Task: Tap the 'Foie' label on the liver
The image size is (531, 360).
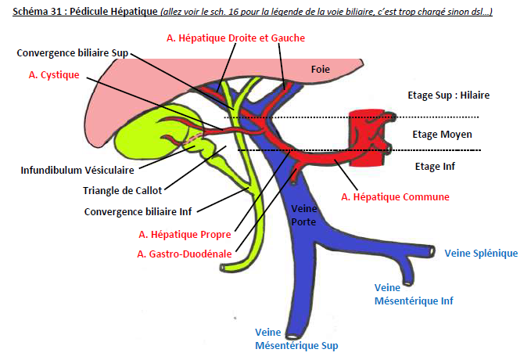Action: click(321, 69)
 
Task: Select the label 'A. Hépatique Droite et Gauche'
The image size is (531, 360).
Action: click(236, 38)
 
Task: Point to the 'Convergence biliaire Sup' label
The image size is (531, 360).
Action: click(73, 52)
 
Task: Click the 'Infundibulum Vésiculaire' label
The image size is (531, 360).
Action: click(77, 169)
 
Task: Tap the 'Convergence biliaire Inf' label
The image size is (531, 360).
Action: click(139, 211)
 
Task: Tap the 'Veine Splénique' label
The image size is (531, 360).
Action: click(481, 253)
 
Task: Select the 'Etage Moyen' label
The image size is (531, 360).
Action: click(442, 134)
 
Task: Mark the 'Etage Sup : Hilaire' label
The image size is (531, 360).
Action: click(448, 95)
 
